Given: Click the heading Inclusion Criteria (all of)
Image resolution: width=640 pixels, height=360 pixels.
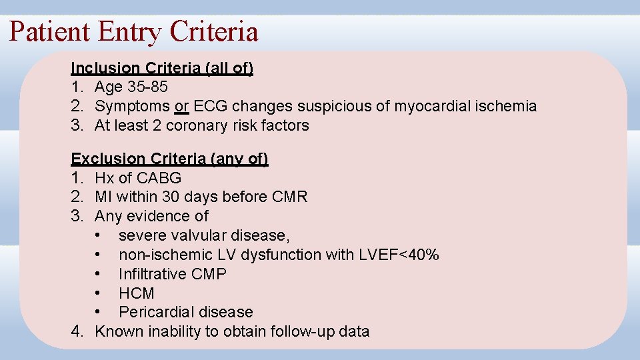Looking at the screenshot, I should coord(162,68).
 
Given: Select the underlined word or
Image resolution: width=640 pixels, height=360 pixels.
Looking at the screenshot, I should coord(181,106).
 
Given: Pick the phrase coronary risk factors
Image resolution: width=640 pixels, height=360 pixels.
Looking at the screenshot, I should coord(237,125).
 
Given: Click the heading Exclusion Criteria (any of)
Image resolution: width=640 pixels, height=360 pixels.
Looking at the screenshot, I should coord(169,159).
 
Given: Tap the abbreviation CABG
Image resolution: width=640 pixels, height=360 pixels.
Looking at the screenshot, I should coord(159,178).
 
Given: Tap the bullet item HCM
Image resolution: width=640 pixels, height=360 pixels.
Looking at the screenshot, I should coord(137,293).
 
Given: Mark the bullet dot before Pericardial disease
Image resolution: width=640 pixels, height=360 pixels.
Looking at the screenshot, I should coord(98,312).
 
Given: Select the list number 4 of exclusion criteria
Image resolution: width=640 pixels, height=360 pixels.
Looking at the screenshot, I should coord(77,331).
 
